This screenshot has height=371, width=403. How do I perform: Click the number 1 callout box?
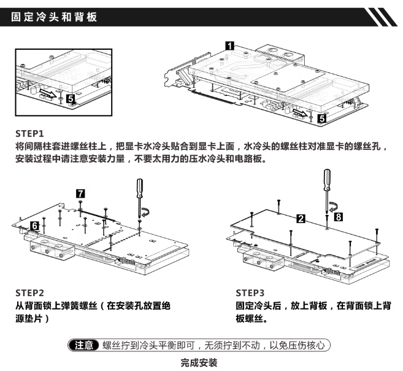(x=229, y=46)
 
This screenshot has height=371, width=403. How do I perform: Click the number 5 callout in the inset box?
(x=71, y=98)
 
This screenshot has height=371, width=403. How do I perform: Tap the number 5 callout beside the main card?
(x=322, y=119)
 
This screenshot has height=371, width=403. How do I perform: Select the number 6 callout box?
(x=35, y=226)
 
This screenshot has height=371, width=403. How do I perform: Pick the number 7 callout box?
(x=80, y=193)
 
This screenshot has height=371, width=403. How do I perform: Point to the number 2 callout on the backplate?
(x=301, y=219)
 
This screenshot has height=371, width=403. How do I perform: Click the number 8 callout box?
(x=339, y=217)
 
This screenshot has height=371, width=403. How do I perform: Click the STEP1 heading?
(x=29, y=134)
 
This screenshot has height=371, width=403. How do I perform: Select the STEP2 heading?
(x=29, y=293)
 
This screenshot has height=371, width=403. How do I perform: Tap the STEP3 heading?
(x=250, y=293)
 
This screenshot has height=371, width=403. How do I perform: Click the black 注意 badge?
(x=84, y=345)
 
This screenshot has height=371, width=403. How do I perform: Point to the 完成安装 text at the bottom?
(x=199, y=363)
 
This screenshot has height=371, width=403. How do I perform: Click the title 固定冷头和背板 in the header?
(x=54, y=17)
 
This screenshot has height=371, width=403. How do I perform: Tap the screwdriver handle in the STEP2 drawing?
(x=140, y=189)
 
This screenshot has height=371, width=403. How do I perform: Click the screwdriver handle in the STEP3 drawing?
(x=327, y=179)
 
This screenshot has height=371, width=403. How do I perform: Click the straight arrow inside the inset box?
(x=48, y=93)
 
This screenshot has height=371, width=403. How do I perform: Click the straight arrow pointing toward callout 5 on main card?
(x=300, y=112)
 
